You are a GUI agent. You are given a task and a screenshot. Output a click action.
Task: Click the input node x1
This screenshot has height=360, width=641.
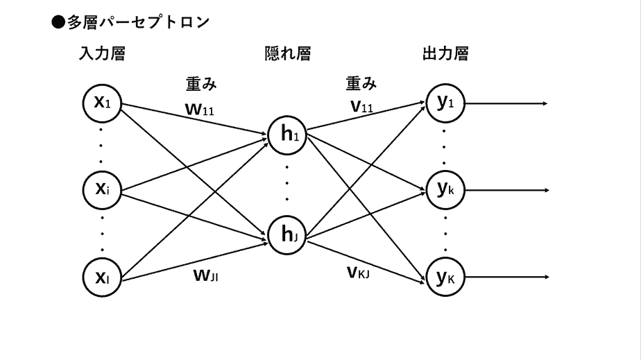pos(102,103)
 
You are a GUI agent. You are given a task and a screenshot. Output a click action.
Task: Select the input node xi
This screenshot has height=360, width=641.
pos(102,189)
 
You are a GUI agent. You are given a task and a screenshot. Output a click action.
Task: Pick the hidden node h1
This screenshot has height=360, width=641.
pos(289,134)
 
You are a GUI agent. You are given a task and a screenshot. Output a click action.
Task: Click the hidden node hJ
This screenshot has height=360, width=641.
pos(289,236)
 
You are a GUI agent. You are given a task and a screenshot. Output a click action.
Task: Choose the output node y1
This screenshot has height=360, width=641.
pos(445,103)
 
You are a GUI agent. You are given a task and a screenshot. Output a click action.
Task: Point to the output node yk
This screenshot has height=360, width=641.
pos(445,189)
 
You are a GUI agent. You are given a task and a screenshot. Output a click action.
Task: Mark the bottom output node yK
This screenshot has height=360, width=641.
pos(445,277)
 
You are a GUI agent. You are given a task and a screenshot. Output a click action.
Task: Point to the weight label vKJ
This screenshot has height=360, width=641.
pos(360,272)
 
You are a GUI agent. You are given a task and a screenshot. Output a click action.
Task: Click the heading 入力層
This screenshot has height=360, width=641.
pos(102,55)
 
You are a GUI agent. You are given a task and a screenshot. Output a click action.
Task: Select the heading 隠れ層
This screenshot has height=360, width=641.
pos(288,55)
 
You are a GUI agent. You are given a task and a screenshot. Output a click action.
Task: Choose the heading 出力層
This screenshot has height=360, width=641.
pos(445,55)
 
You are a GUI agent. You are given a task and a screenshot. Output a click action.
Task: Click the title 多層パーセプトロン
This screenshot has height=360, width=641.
pos(138,23)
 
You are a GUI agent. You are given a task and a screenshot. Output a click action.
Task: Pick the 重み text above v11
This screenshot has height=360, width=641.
pos(361,85)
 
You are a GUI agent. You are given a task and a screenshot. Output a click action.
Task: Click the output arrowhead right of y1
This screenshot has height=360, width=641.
pos(545,104)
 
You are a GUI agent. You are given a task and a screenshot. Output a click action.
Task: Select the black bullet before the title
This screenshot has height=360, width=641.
pos(59,23)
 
